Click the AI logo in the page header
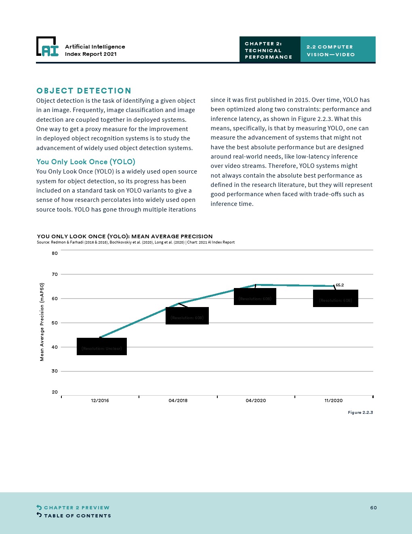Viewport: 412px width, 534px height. tap(47, 47)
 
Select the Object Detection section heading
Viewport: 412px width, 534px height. tap(84, 91)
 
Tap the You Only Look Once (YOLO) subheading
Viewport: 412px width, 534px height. tap(86, 162)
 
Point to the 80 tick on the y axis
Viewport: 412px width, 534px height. tap(55, 253)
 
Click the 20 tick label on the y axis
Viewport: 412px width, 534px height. tap(55, 392)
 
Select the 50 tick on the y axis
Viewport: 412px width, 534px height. tap(55, 323)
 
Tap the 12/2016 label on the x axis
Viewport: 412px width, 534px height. tap(100, 400)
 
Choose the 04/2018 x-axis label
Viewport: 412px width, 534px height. tap(178, 400)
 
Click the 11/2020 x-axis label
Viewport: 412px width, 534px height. tap(334, 400)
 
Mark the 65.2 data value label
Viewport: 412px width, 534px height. tap(340, 285)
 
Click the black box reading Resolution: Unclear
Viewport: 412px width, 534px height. tap(102, 347)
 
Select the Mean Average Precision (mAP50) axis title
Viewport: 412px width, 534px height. tap(42, 322)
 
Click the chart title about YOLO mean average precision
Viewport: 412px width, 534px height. tap(125, 236)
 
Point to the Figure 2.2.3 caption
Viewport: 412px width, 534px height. tap(360, 413)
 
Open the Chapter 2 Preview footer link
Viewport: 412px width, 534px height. tap(76, 508)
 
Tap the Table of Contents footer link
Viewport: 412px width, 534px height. tap(77, 516)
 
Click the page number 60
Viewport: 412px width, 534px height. tap(373, 508)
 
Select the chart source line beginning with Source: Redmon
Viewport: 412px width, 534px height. tap(136, 242)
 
